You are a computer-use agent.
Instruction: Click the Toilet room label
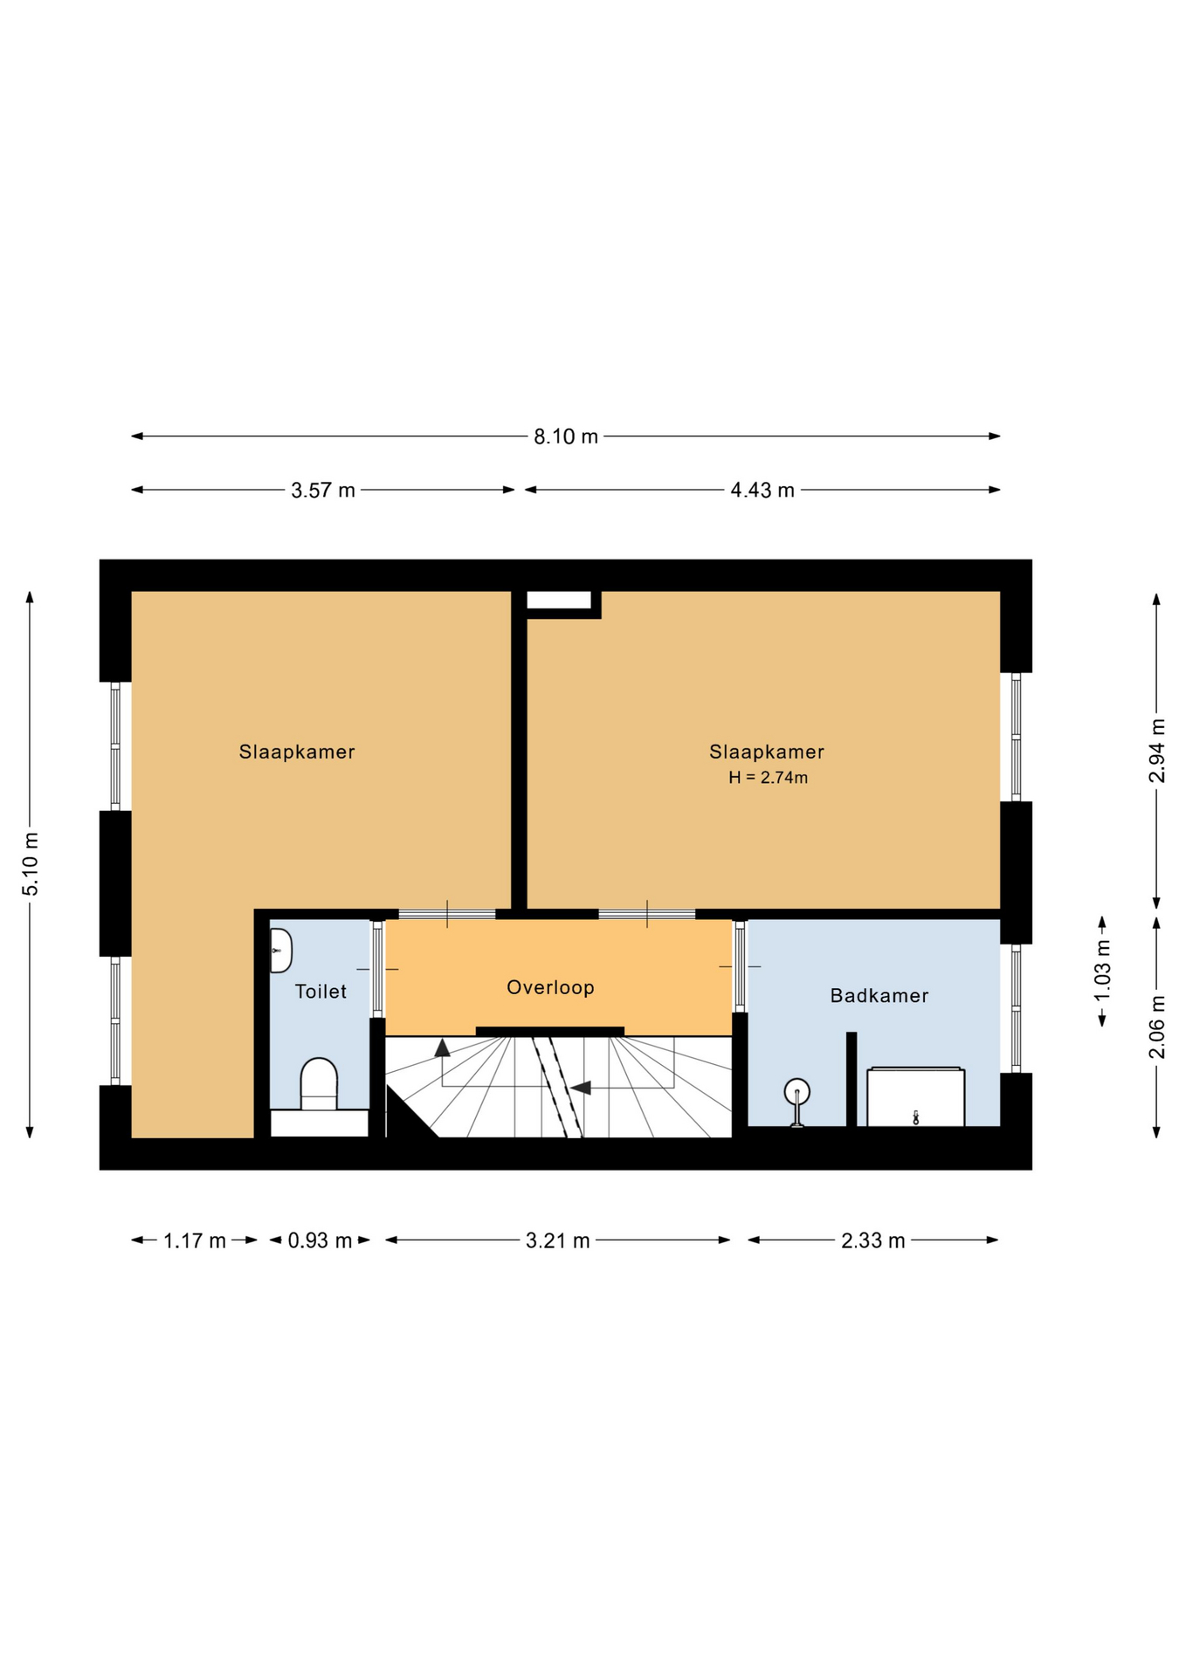(321, 992)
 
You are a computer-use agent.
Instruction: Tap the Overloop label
(550, 987)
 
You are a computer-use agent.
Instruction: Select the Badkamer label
(879, 995)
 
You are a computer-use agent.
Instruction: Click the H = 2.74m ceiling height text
(768, 778)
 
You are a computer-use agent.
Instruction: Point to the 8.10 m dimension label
(566, 436)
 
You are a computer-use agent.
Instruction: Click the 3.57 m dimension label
(323, 491)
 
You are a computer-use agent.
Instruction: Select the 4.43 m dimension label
(762, 491)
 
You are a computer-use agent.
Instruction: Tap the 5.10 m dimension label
(31, 864)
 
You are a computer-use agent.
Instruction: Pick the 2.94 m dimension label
(1157, 751)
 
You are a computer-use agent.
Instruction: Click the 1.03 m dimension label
(1103, 971)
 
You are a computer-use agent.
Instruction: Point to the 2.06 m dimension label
(1157, 1027)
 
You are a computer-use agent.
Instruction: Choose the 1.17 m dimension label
(195, 1240)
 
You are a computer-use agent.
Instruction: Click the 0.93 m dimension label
(320, 1240)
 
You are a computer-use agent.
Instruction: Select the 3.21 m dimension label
(557, 1240)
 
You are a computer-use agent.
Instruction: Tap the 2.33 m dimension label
(872, 1240)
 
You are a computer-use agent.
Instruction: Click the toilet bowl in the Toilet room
(319, 1084)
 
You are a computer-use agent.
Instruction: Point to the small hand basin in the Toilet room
(280, 951)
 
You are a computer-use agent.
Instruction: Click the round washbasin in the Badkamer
(796, 1092)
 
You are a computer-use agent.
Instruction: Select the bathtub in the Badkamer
(915, 1096)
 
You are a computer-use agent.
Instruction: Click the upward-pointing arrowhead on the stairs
(443, 1047)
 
